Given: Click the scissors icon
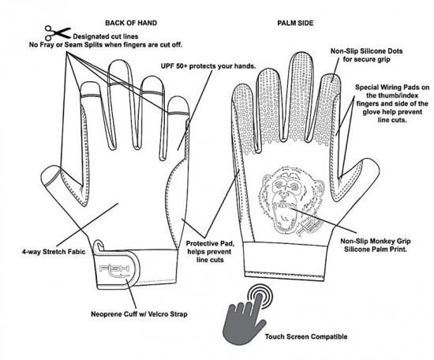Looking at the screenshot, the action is pyautogui.click(x=58, y=33).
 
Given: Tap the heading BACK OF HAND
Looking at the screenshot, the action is pyautogui.click(x=131, y=23).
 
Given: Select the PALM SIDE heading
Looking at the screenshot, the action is pyautogui.click(x=295, y=23).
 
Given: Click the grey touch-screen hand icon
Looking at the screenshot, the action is pyautogui.click(x=244, y=318).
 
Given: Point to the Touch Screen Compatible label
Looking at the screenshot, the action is pyautogui.click(x=306, y=337).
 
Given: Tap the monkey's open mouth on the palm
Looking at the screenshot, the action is pyautogui.click(x=284, y=216).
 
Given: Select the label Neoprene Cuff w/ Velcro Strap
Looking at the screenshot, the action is pyautogui.click(x=139, y=314).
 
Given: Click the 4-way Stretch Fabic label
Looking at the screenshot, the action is pyautogui.click(x=54, y=252).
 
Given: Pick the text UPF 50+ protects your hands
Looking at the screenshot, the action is pyautogui.click(x=208, y=66).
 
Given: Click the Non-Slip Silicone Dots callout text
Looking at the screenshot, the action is pyautogui.click(x=366, y=55).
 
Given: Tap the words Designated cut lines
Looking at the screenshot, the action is pyautogui.click(x=106, y=36).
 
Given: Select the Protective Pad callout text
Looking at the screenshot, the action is pyautogui.click(x=210, y=252).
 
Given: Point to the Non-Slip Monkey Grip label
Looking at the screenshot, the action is pyautogui.click(x=376, y=245).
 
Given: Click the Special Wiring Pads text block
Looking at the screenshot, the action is pyautogui.click(x=392, y=103).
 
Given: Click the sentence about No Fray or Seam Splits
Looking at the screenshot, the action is pyautogui.click(x=106, y=45).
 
